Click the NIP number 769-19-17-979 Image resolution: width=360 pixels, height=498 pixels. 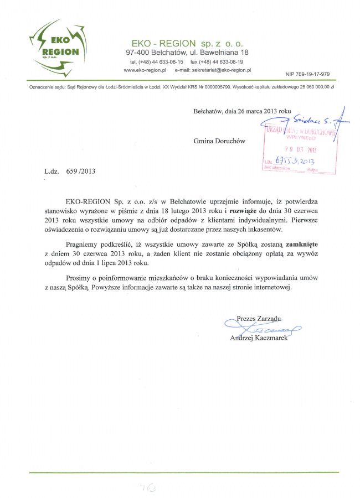point(307,74)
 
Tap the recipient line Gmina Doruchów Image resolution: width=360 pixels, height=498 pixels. point(219,141)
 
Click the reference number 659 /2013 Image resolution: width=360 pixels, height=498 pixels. point(80,171)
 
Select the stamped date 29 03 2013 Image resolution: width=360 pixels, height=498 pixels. point(300,149)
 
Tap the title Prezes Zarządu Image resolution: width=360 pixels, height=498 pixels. point(259,318)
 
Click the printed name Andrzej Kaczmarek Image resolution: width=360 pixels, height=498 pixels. point(259,338)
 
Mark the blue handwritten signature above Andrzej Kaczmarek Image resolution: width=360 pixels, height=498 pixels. point(264,329)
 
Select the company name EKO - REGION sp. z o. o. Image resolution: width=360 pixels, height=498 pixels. point(187,43)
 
